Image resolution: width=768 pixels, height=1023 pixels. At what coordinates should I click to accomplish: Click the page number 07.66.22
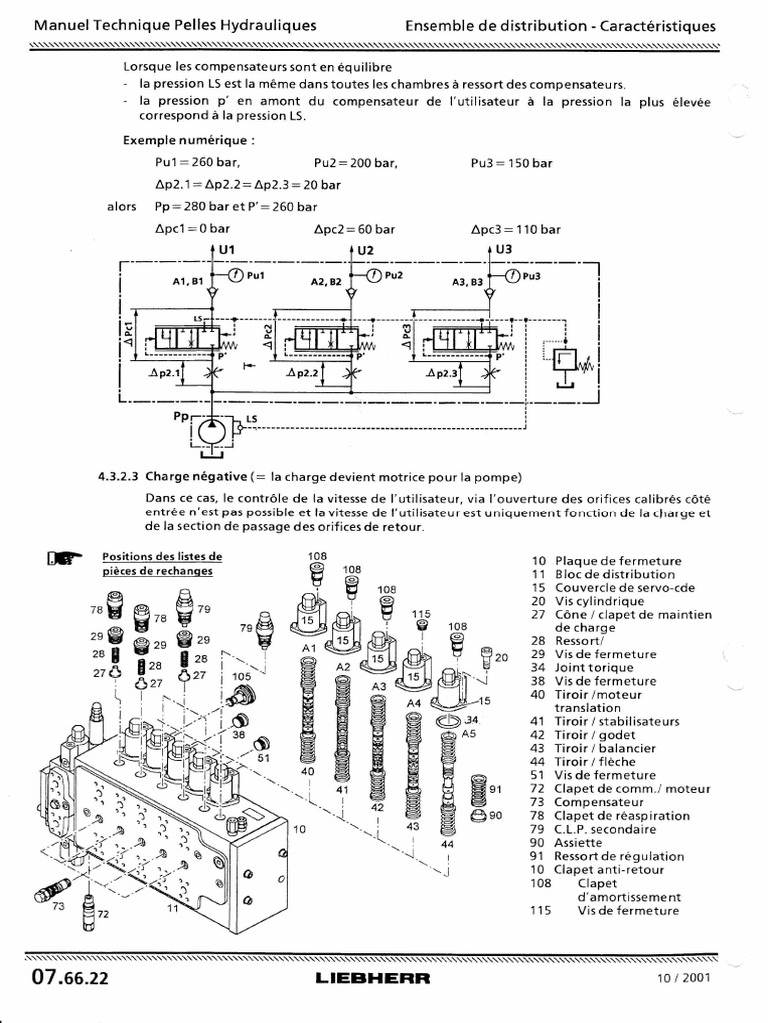69,977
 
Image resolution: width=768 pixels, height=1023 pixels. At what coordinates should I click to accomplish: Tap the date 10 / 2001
683,977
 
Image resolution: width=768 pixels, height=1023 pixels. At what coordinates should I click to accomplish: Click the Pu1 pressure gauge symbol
233,274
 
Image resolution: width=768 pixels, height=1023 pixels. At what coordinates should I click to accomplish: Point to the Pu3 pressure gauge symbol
511,274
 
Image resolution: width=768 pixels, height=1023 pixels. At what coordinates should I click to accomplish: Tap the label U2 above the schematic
365,249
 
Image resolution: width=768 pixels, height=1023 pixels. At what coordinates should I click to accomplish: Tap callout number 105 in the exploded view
241,677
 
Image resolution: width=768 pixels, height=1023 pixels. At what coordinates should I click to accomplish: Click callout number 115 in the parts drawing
421,614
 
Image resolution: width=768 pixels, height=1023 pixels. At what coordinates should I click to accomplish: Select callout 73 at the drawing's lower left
57,906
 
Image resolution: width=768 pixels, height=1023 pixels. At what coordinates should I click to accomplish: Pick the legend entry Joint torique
595,668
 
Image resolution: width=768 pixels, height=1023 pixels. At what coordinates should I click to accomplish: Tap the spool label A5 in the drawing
468,733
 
